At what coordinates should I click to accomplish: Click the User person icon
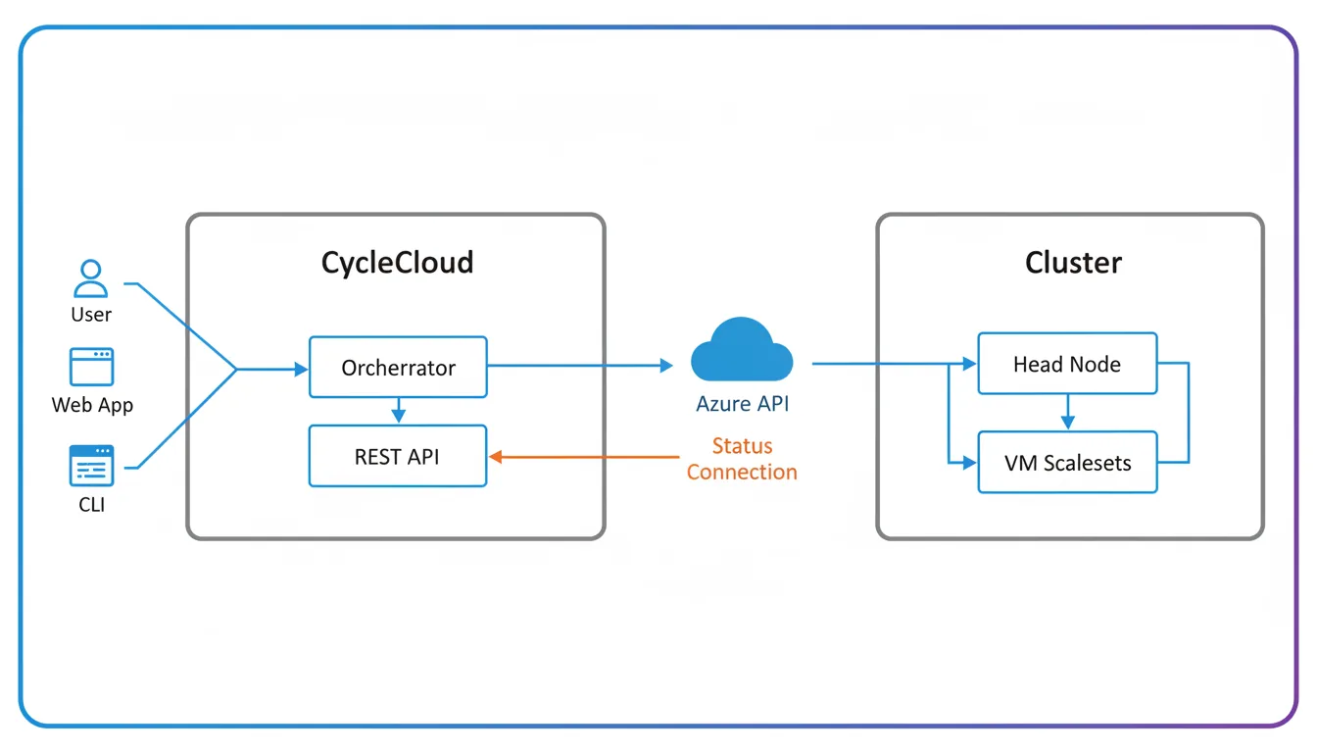[x=91, y=278]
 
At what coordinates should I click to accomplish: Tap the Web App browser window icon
[x=91, y=367]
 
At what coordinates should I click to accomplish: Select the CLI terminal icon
[x=91, y=466]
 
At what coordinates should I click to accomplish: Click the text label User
[x=91, y=315]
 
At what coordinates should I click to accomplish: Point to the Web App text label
[x=92, y=405]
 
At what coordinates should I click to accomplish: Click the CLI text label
[x=91, y=505]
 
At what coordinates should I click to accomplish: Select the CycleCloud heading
[x=397, y=263]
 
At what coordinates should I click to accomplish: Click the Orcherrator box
[x=398, y=368]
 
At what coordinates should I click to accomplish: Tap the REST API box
[x=398, y=456]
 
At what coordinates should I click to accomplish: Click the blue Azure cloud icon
[x=742, y=351]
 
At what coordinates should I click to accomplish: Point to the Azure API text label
[x=742, y=404]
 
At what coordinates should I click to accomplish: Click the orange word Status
[x=742, y=446]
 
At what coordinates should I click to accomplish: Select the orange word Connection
[x=742, y=472]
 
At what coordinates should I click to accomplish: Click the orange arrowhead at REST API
[x=496, y=456]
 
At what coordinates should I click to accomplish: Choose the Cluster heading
[x=1073, y=263]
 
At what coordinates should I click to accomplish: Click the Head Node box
[x=1067, y=364]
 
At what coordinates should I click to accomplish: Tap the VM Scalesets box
[x=1067, y=463]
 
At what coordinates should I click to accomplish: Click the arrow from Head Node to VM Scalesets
[x=1067, y=413]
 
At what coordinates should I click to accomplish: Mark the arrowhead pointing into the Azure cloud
[x=666, y=366]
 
